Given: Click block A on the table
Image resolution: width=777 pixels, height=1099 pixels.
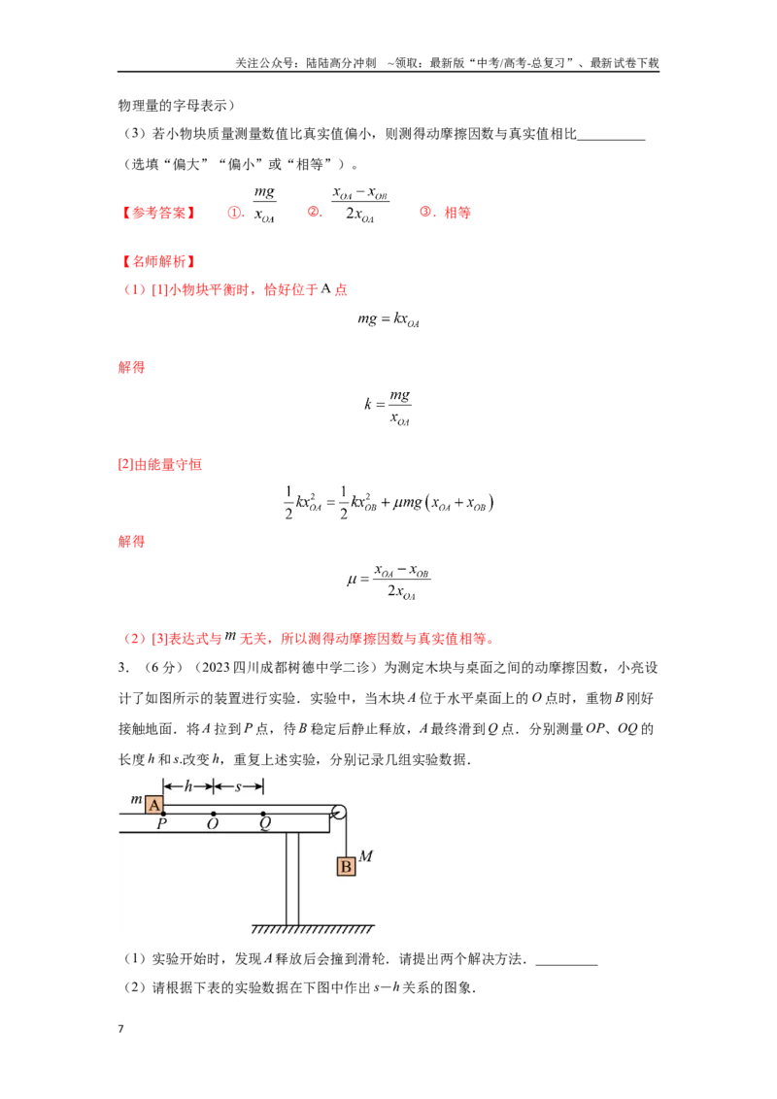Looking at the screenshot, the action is pos(154,806).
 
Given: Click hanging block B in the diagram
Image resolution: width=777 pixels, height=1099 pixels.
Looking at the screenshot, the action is pos(346,866).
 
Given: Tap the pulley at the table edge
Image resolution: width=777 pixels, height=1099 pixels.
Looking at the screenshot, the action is pos(339,813).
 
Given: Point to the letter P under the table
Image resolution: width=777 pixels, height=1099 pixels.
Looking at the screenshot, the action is pos(162,823).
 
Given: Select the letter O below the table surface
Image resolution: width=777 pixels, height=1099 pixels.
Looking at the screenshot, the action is pos(213,824).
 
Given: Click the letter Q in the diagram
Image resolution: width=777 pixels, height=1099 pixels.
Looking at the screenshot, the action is pos(264,823).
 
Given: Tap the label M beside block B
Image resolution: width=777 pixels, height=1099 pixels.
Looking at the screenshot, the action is pos(366,855).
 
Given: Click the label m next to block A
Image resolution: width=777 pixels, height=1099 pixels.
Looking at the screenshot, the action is pos(137,799).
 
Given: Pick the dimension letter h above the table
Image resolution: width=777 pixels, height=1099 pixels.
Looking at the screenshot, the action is pos(188,786).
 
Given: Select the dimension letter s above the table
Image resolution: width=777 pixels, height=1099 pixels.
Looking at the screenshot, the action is pos(238,787).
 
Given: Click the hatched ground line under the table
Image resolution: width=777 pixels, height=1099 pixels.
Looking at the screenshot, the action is pos(313,929).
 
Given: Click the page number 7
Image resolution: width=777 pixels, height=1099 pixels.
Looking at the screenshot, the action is pos(120,1028).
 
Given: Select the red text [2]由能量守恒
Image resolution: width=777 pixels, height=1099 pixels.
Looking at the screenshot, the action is pos(160,464).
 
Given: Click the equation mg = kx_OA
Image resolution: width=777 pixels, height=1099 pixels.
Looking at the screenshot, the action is pos(388,319).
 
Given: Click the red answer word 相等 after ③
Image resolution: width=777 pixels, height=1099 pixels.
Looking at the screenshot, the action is pos(457,213).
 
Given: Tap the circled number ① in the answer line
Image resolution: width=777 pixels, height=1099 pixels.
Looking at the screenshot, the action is pos(234,213).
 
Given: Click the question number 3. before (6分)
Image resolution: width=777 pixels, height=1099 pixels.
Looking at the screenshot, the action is pos(123,667).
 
